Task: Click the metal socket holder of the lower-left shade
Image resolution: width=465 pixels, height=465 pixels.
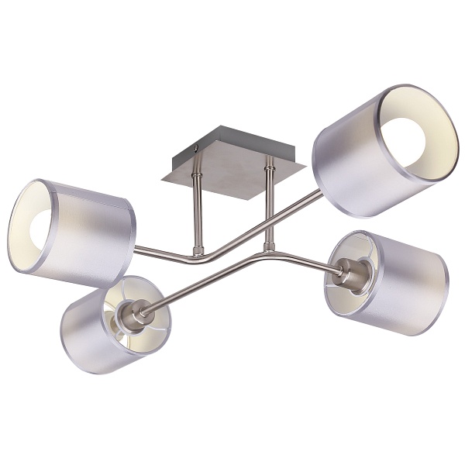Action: click(x=138, y=314)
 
